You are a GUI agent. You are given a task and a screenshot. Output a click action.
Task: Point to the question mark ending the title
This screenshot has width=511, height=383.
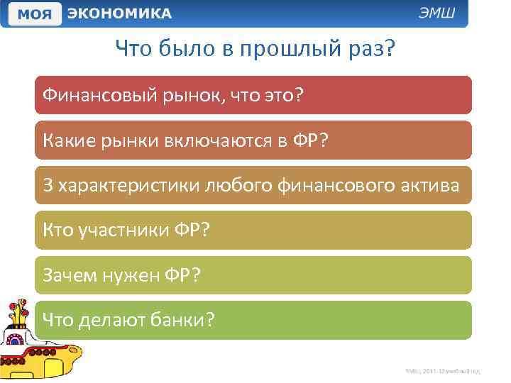389,49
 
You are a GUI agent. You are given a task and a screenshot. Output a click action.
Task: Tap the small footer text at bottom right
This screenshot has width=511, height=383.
443,371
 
